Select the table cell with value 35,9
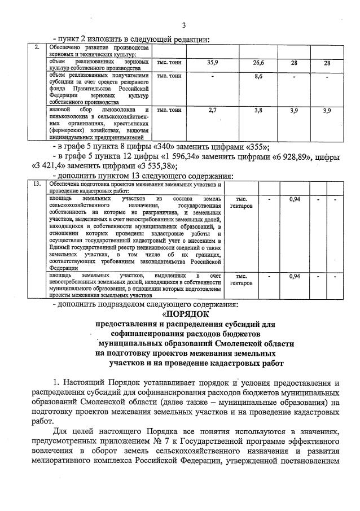pyautogui.click(x=213, y=62)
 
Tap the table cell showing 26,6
pyautogui.click(x=258, y=62)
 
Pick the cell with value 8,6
pyautogui.click(x=258, y=76)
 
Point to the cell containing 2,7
pyautogui.click(x=213, y=110)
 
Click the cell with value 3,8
pyautogui.click(x=258, y=110)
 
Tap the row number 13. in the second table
pyautogui.click(x=37, y=184)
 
